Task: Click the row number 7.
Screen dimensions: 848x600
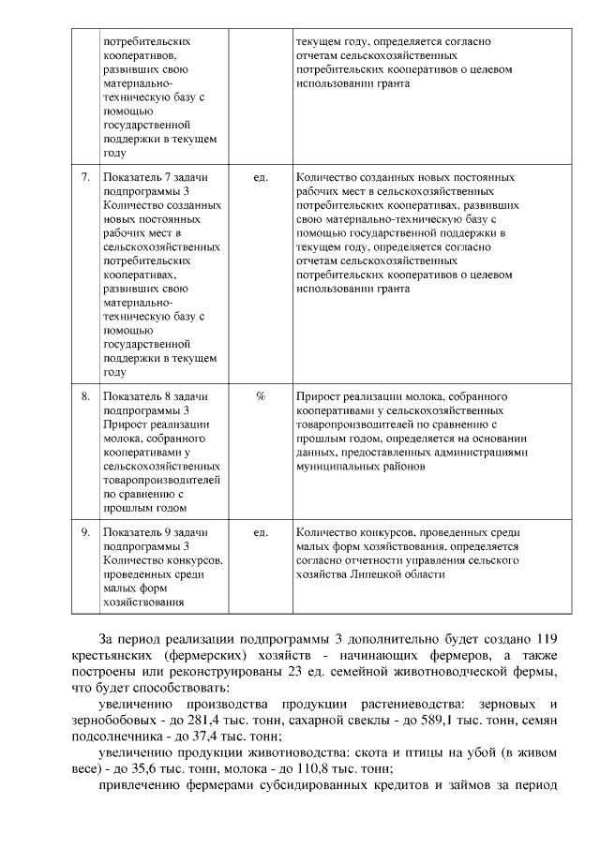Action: tap(86, 177)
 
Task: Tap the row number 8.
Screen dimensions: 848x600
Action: tap(86, 396)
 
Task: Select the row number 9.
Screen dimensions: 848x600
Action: tap(86, 532)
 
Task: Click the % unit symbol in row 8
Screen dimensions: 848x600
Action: tap(261, 396)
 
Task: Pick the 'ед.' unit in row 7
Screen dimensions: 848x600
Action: tap(261, 177)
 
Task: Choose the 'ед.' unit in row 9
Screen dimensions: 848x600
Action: tap(261, 532)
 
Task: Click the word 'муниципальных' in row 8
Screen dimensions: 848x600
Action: tap(338, 465)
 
